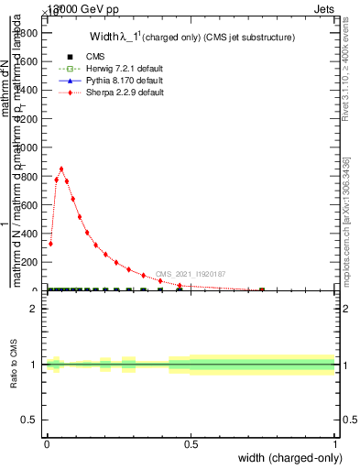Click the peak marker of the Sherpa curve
pos(61,169)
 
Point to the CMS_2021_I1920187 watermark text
pos(190,274)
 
